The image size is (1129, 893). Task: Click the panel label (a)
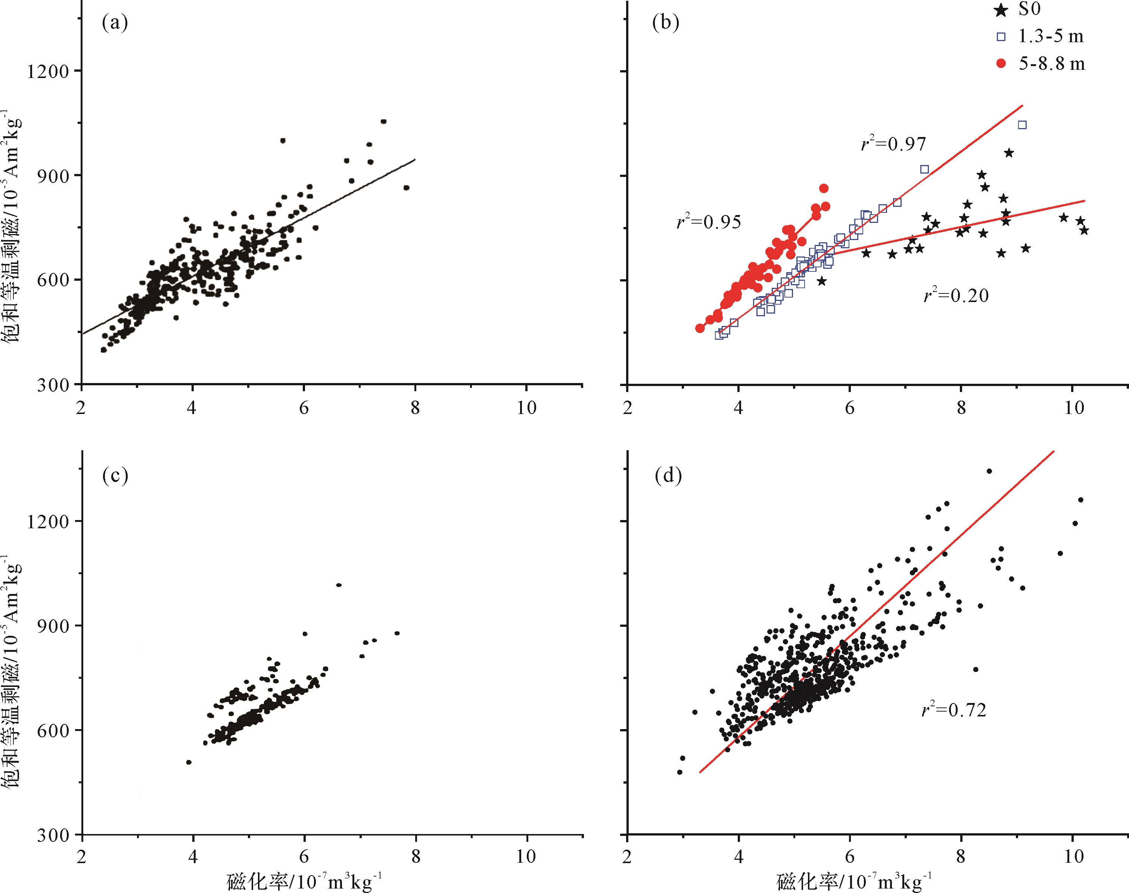tap(115, 23)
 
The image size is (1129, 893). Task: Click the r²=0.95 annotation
tap(709, 222)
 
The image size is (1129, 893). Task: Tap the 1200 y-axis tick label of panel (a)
tap(47, 71)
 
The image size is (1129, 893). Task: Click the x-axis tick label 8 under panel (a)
tap(415, 408)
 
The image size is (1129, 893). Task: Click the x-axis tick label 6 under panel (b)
tap(850, 408)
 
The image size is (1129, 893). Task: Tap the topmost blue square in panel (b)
tap(1022, 124)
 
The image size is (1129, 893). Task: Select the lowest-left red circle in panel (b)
tap(700, 328)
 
